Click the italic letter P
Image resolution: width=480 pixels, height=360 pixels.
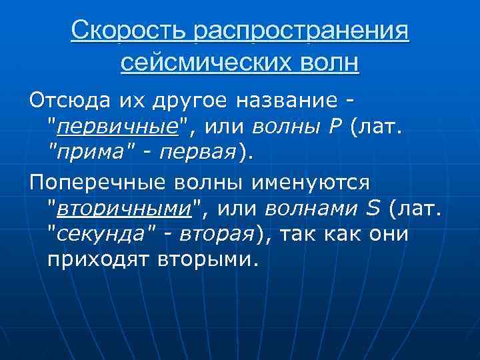(x=335, y=126)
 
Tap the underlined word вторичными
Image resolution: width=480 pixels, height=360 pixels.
(x=125, y=209)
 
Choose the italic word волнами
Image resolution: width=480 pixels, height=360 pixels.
(x=313, y=209)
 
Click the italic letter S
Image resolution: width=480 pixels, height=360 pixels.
(x=373, y=209)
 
